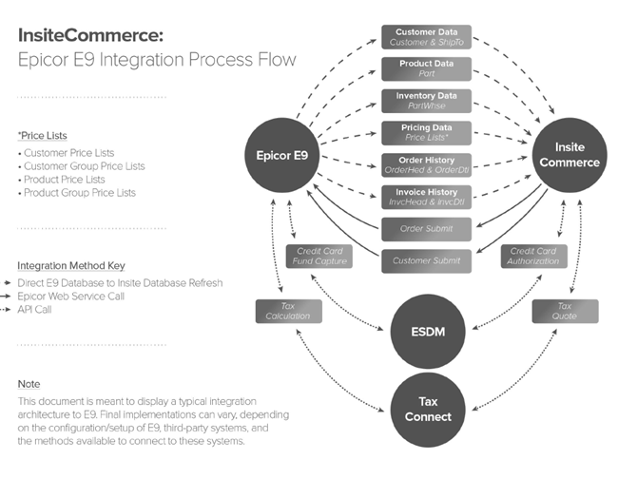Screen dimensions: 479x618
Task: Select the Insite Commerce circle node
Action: pyautogui.click(x=570, y=155)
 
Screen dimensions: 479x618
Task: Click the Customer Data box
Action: pyautogui.click(x=425, y=37)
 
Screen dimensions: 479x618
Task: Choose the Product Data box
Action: pyautogui.click(x=425, y=69)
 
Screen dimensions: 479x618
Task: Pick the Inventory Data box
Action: pyautogui.click(x=425, y=101)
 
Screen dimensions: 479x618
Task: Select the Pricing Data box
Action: pyautogui.click(x=425, y=132)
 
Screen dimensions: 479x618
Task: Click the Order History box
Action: pyautogui.click(x=425, y=164)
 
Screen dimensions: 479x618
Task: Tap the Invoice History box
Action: pyautogui.click(x=425, y=197)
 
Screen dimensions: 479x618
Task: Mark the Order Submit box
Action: pyautogui.click(x=425, y=228)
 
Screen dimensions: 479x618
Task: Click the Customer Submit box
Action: pyautogui.click(x=425, y=260)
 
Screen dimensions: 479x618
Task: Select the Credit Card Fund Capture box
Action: pyautogui.click(x=319, y=256)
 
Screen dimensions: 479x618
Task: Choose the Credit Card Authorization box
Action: pyautogui.click(x=534, y=256)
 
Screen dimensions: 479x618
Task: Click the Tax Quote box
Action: pyautogui.click(x=565, y=311)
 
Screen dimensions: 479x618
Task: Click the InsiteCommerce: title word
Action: pyautogui.click(x=91, y=35)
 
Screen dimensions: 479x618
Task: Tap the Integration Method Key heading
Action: pyautogui.click(x=70, y=266)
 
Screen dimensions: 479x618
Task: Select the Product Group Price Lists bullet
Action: pyautogui.click(x=80, y=193)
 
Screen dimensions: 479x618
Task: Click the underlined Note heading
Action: pyautogui.click(x=29, y=384)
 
